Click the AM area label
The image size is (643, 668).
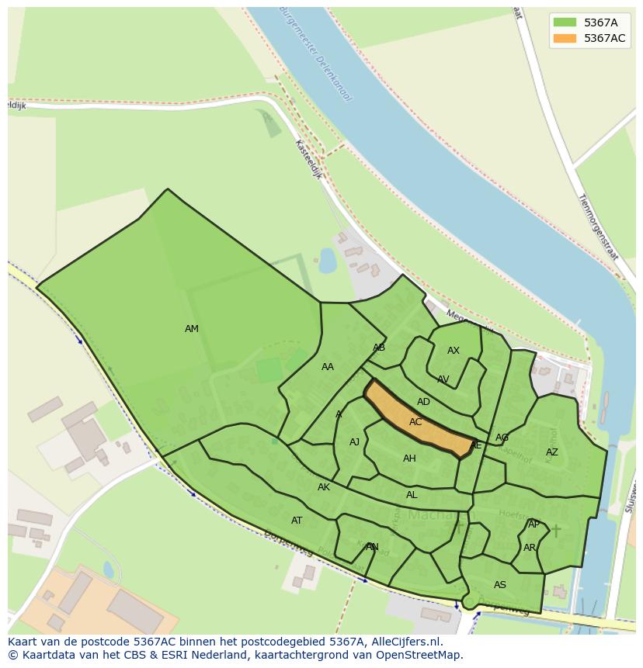[192, 329]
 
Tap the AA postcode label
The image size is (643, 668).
[328, 367]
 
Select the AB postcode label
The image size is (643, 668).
[379, 348]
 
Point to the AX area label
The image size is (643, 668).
[454, 351]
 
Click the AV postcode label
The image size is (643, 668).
[443, 379]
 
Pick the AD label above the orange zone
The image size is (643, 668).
[423, 402]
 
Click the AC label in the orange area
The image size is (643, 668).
[415, 422]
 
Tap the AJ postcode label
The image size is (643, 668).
[354, 442]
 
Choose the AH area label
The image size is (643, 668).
[409, 459]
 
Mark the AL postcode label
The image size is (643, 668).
[412, 495]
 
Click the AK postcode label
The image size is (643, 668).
[324, 487]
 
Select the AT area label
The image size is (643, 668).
[297, 521]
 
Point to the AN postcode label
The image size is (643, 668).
[372, 547]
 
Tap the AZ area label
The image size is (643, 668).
[551, 452]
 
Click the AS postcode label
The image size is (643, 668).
[500, 585]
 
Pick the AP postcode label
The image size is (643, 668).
[534, 524]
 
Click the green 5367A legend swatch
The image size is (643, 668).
[564, 22]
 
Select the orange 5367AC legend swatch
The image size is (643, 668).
[564, 38]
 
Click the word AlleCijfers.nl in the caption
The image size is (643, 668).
[405, 642]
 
